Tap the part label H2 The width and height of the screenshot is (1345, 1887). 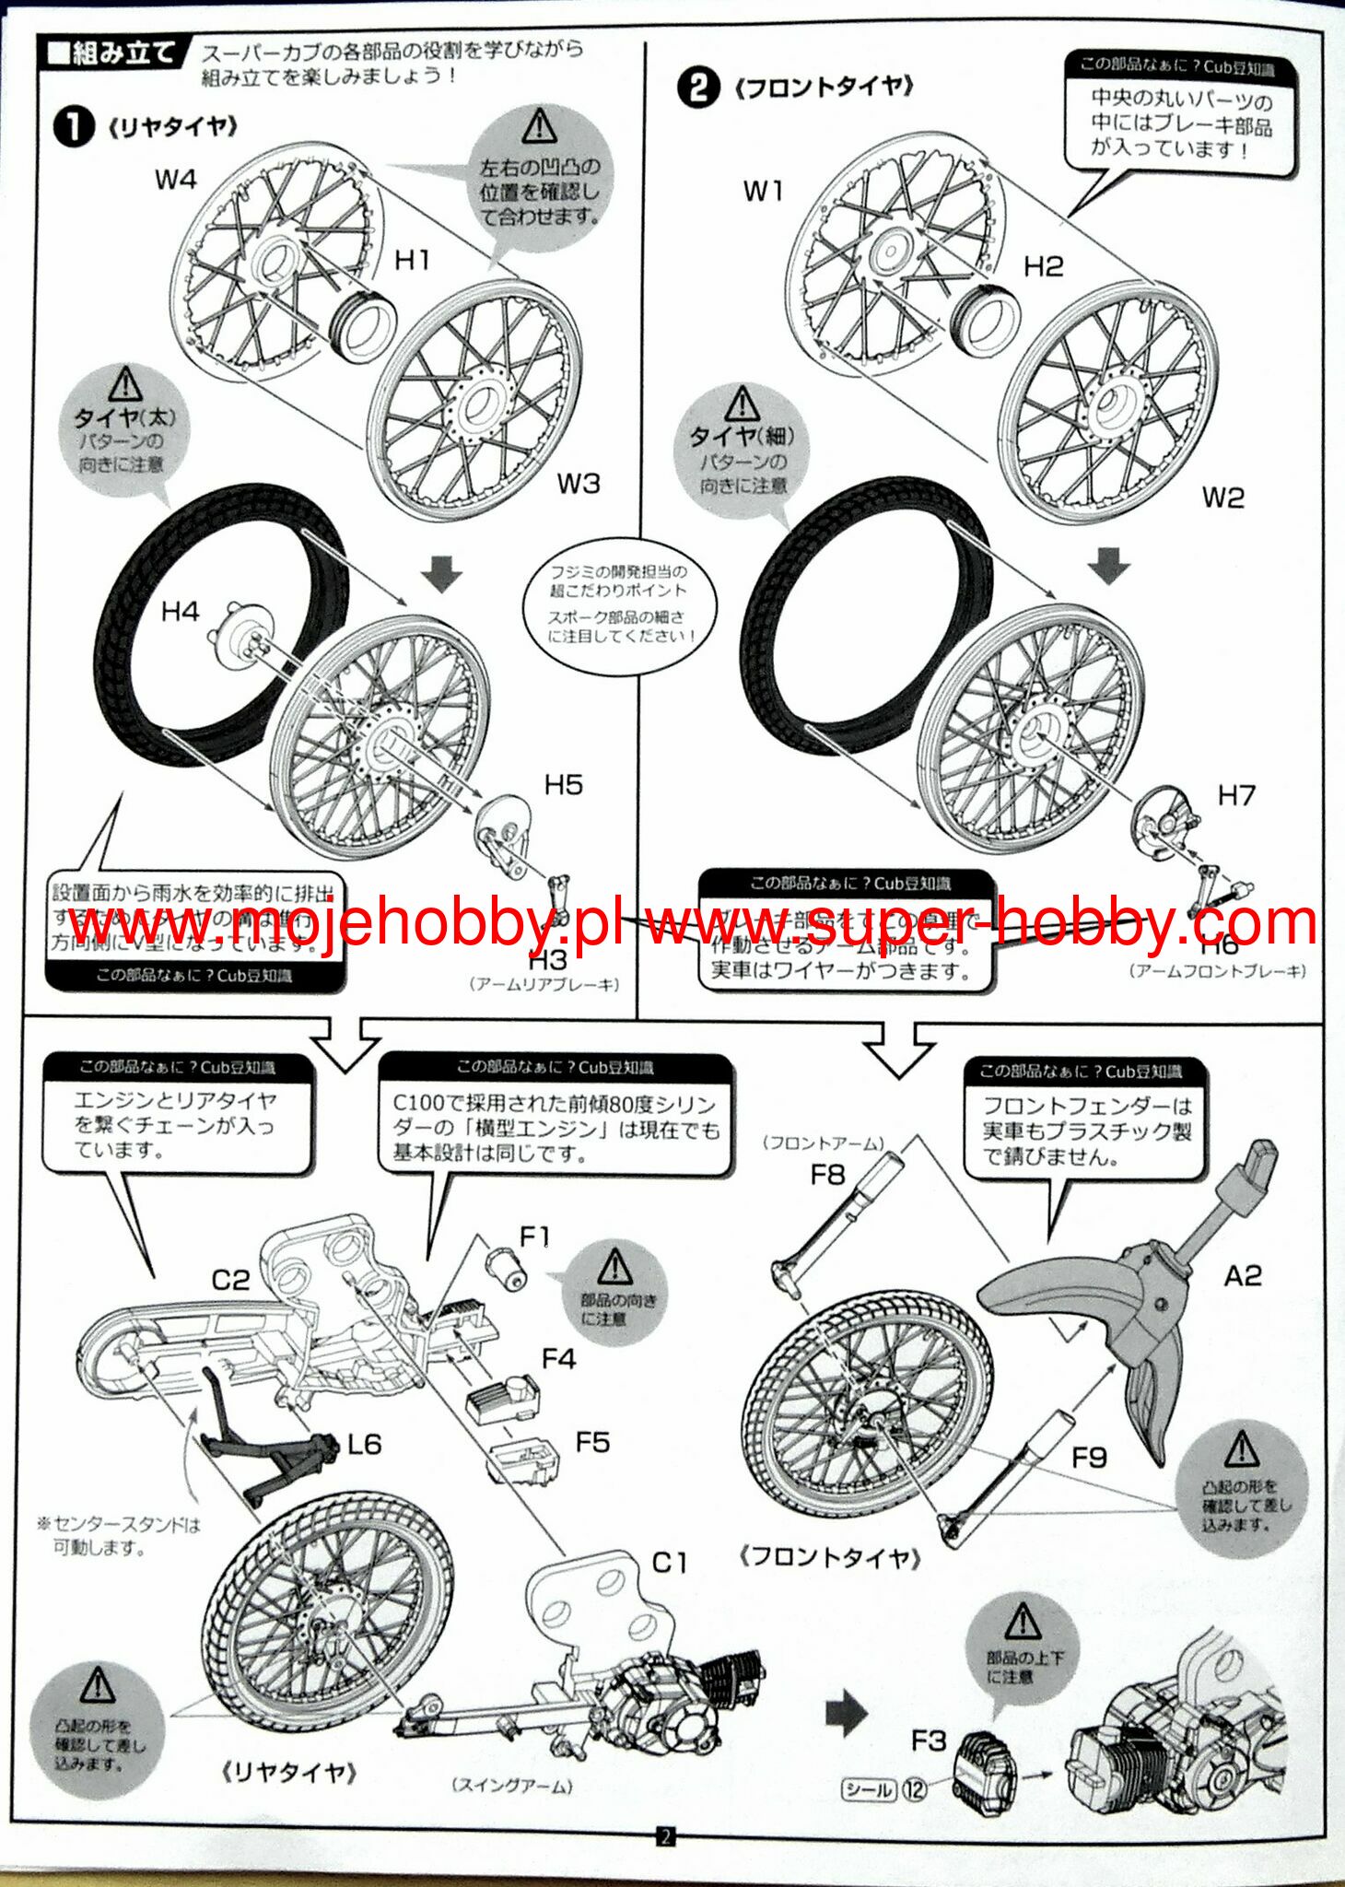point(1043,267)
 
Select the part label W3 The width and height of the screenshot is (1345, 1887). point(579,484)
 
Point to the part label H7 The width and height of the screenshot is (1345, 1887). point(1235,794)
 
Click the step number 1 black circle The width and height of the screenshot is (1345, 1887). point(74,127)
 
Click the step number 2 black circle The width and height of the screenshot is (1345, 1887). point(697,88)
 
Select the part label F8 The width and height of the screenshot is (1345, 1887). point(827,1175)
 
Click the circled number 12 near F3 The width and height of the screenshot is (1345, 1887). point(914,1789)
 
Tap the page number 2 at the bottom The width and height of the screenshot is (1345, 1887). point(665,1835)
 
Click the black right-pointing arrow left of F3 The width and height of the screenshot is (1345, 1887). point(846,1712)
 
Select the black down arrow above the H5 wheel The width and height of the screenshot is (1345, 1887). point(442,576)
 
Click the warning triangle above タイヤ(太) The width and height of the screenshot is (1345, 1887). point(124,383)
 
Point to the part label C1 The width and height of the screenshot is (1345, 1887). point(670,1563)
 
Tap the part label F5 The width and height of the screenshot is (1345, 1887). point(592,1442)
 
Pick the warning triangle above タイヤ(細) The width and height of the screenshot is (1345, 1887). point(742,403)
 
